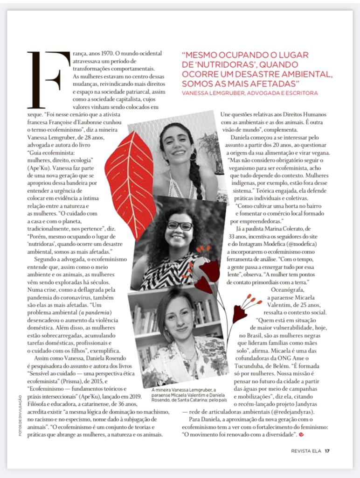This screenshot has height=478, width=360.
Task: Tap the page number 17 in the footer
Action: point(327,450)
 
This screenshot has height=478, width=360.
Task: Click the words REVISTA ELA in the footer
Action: point(306,450)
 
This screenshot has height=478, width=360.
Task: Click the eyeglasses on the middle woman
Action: point(180,225)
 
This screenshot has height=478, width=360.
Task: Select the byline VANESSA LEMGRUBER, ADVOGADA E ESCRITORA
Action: point(250,93)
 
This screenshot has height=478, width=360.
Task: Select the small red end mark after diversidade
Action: point(301,435)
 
